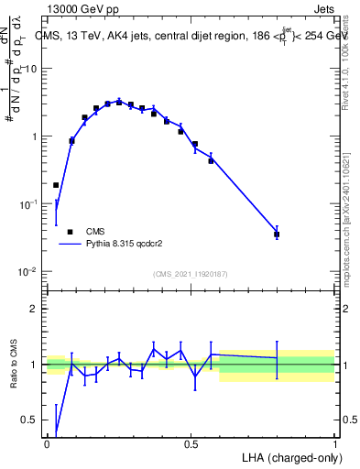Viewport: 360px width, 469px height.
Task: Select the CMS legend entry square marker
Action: tap(70, 232)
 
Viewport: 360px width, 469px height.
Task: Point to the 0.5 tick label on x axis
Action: tap(191, 444)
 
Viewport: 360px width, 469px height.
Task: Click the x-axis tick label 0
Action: tap(47, 444)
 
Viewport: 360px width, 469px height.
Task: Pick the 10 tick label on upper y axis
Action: tap(30, 69)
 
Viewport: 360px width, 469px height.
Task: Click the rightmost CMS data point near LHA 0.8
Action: tap(277, 234)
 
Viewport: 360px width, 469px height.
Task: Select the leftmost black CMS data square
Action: tap(56, 185)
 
